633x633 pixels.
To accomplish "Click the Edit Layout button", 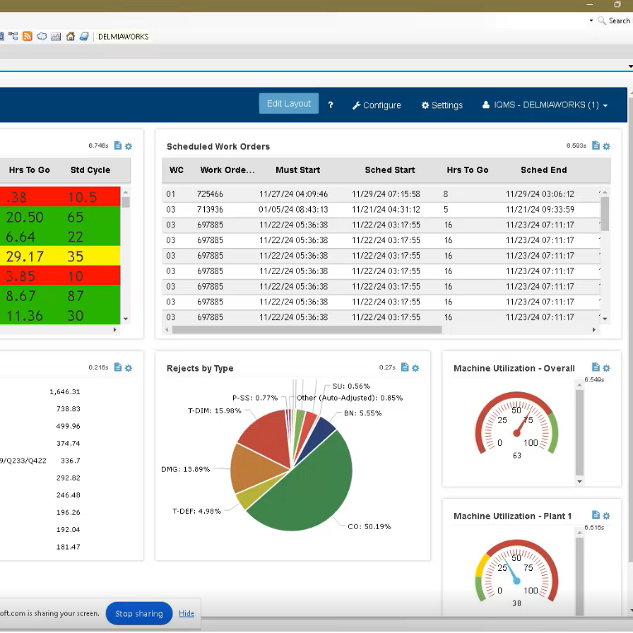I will pyautogui.click(x=288, y=104).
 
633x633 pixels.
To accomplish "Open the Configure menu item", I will pyautogui.click(x=377, y=105).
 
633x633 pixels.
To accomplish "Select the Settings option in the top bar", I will pyautogui.click(x=442, y=105).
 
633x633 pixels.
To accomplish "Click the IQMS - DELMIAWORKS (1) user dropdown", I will pyautogui.click(x=545, y=105).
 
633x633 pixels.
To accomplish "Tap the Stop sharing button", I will pyautogui.click(x=139, y=614).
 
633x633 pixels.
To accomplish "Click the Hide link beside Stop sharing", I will pyautogui.click(x=187, y=614).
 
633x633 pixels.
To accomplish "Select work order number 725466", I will pyautogui.click(x=211, y=194).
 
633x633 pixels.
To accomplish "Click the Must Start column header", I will pyautogui.click(x=298, y=170).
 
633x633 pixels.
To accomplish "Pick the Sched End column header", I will pyautogui.click(x=543, y=170).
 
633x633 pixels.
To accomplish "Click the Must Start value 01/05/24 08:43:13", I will pyautogui.click(x=293, y=210).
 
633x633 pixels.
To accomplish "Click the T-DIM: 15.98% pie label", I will pyautogui.click(x=213, y=411).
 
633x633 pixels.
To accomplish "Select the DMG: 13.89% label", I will pyautogui.click(x=185, y=469).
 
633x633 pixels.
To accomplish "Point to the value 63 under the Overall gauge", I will pyautogui.click(x=517, y=456).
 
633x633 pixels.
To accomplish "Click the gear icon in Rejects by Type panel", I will pyautogui.click(x=415, y=368).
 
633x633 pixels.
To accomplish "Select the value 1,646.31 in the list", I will pyautogui.click(x=65, y=392).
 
